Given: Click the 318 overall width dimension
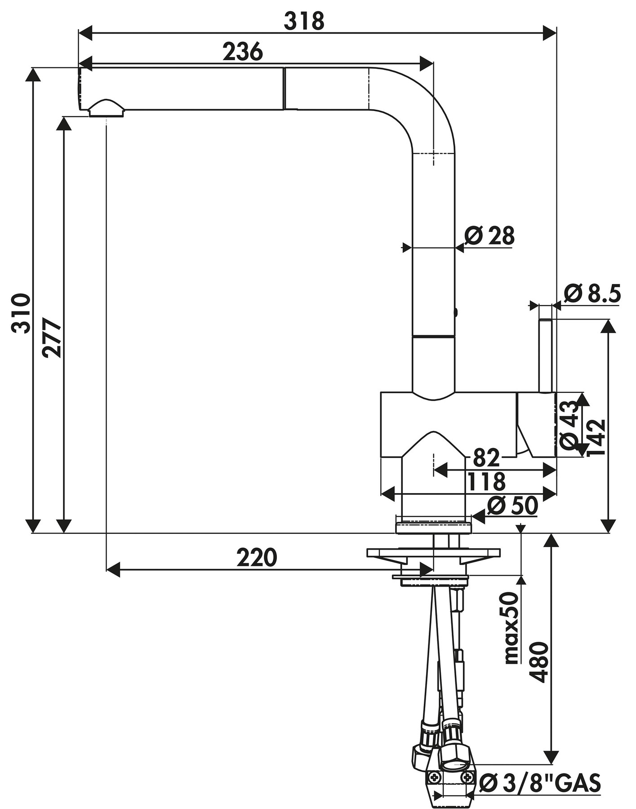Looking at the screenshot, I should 304,21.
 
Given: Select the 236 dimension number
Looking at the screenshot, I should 243,52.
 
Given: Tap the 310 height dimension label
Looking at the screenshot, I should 21,313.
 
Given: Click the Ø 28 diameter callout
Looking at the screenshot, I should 489,236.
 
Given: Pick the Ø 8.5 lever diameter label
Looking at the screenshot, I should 592,294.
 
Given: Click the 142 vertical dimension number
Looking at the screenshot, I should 597,437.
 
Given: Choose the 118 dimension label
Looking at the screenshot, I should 486,482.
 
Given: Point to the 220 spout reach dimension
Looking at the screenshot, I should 257,558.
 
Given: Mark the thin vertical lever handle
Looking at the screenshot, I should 545,355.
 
